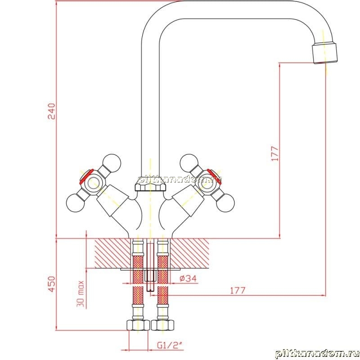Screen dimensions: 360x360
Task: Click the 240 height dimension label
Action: (x=52, y=111)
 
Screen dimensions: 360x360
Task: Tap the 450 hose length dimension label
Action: (x=52, y=284)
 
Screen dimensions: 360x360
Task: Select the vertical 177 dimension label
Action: (x=275, y=153)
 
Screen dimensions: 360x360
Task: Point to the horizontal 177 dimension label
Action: (x=238, y=290)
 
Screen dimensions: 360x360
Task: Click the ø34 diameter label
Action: (x=188, y=279)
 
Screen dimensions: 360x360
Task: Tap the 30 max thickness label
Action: (x=81, y=294)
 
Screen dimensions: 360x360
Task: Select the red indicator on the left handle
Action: (x=86, y=176)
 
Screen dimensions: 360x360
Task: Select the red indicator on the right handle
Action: (x=214, y=176)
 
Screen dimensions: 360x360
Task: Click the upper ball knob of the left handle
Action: (x=112, y=163)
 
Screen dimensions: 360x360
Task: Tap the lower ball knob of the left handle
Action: (x=75, y=203)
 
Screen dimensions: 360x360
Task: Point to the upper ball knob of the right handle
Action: (x=189, y=163)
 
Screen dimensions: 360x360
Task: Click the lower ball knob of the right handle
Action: (x=225, y=203)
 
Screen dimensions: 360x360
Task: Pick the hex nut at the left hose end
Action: (x=138, y=325)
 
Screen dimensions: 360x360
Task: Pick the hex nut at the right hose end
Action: (x=162, y=325)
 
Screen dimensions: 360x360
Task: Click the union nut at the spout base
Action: (x=150, y=184)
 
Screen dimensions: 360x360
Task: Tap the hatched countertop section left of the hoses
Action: (x=112, y=253)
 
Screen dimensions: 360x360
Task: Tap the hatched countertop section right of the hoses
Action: (x=189, y=253)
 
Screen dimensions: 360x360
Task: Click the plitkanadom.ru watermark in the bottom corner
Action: (x=317, y=354)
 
